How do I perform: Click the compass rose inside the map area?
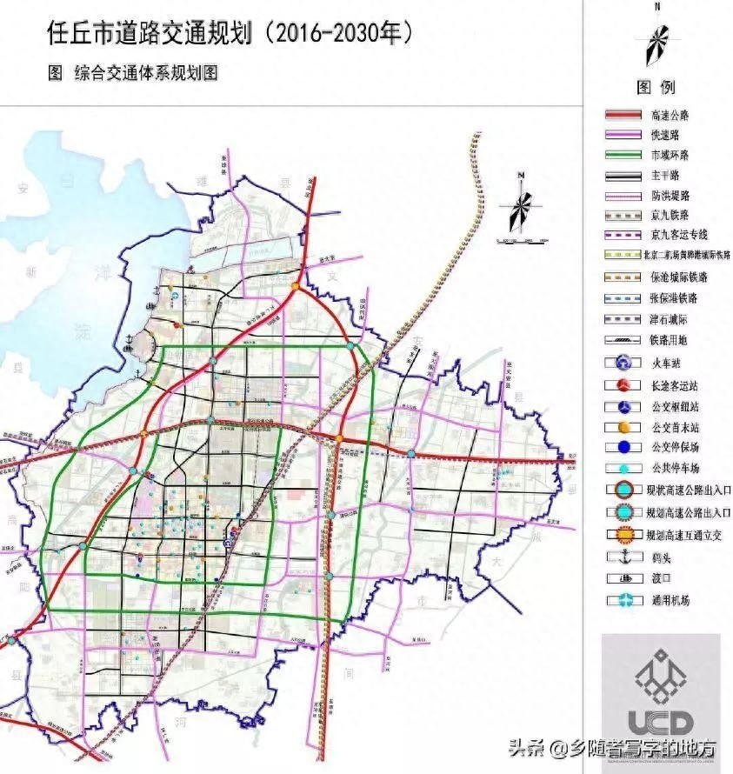[520, 207]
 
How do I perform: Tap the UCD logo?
[661, 696]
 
